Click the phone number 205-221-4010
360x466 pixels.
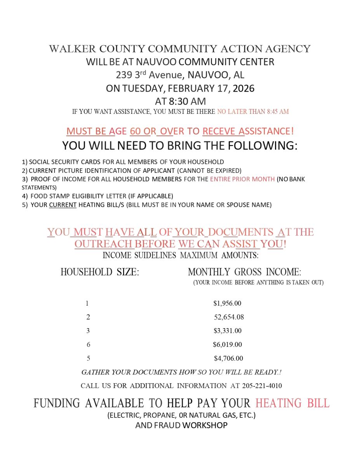point(262,386)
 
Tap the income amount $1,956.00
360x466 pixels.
point(227,303)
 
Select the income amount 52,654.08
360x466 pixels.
point(229,317)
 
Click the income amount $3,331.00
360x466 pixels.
point(228,331)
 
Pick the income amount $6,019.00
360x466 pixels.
point(227,344)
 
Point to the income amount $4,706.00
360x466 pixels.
point(228,358)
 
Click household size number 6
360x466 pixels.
point(88,344)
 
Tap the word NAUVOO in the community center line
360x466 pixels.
point(156,62)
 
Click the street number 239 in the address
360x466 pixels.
point(123,75)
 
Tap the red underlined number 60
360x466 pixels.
point(135,131)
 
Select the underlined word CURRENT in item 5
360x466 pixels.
point(63,205)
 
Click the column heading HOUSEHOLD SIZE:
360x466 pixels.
point(100,272)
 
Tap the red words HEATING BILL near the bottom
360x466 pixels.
point(292,403)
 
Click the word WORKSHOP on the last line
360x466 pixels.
point(205,426)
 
